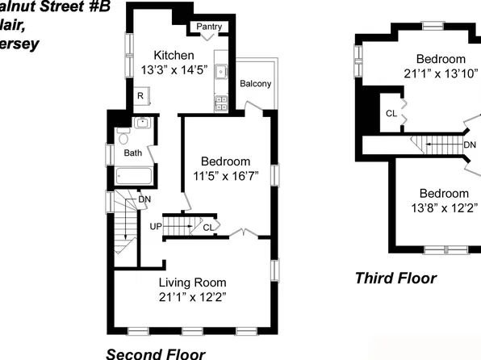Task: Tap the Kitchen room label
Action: point(167,55)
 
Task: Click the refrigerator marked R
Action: point(140,96)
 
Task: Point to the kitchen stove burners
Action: point(220,102)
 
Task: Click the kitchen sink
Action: point(219,72)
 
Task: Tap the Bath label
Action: point(132,152)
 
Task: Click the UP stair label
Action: point(155,226)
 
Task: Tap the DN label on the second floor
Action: point(144,199)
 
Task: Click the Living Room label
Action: point(192,283)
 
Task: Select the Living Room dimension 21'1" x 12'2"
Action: point(192,296)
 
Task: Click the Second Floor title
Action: point(156,353)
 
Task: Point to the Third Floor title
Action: point(395,278)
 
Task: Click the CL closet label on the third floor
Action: point(391,113)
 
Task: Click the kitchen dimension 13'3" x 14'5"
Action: point(167,69)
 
